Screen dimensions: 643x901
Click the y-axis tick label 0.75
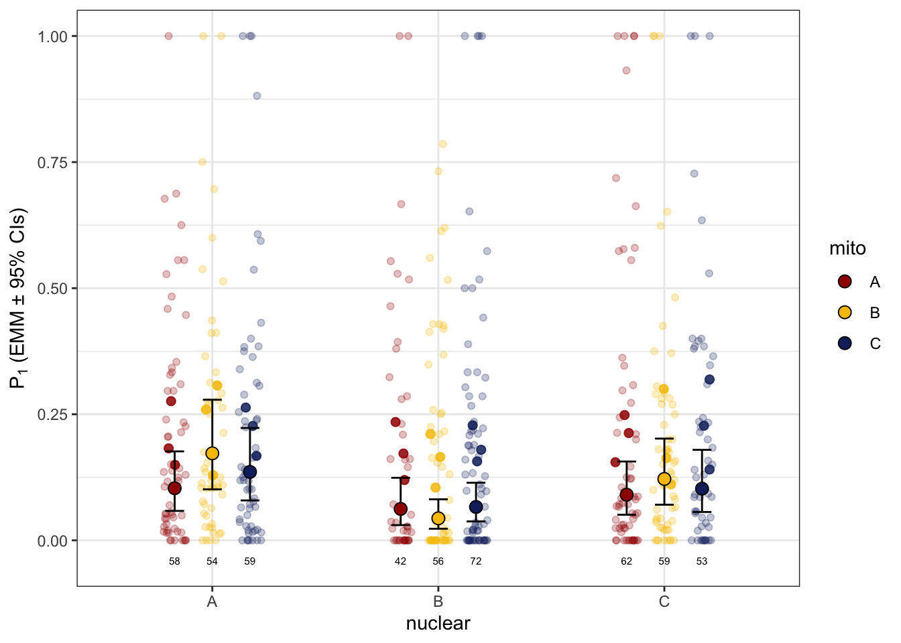pos(53,163)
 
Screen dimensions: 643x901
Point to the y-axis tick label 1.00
pos(53,36)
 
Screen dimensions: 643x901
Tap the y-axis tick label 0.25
pos(53,415)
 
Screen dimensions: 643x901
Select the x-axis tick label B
pos(438,601)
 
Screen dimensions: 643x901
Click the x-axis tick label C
pos(664,601)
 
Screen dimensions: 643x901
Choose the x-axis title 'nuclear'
pos(438,624)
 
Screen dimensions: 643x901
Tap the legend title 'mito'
pos(847,248)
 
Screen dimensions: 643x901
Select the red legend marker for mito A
pos(845,281)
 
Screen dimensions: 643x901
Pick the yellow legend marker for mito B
pos(845,312)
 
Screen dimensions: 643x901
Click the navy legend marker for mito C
pos(845,343)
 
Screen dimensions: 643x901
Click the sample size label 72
pos(475,561)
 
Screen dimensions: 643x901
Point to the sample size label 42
pos(400,561)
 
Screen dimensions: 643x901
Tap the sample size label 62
pos(626,561)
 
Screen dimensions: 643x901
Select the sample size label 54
pos(212,561)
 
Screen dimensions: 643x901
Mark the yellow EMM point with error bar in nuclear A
pos(212,453)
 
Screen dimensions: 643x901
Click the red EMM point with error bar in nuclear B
pos(400,509)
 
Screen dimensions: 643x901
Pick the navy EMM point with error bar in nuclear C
pos(702,489)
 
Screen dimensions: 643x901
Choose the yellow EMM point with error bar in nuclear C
pos(664,479)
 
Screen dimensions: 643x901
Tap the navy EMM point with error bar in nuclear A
pos(250,472)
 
